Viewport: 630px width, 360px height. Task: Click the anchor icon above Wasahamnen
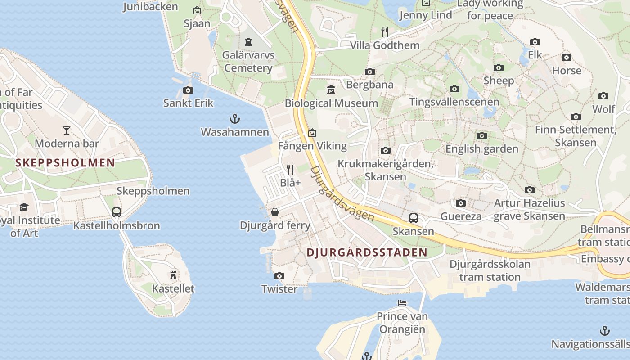coord(235,119)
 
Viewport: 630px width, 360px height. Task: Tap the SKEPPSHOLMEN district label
coord(65,163)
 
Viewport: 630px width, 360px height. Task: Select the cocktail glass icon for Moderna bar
coord(67,130)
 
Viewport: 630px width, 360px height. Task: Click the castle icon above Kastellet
coord(173,275)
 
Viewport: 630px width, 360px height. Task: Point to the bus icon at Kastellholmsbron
coord(117,212)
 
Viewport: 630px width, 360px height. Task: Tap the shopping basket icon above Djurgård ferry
coord(275,212)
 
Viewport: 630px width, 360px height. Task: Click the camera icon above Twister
coord(279,276)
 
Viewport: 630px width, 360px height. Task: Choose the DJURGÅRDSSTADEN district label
coord(367,252)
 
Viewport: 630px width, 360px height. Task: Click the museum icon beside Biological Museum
coord(331,90)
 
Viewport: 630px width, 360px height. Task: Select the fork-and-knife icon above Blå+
coord(290,170)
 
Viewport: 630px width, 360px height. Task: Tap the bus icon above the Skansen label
coord(414,218)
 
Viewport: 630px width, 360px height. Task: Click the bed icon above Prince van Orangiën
coord(402,303)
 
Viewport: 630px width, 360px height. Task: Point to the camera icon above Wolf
coord(603,96)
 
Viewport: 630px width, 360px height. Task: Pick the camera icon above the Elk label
coord(535,42)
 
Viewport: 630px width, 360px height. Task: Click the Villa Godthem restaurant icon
coord(385,31)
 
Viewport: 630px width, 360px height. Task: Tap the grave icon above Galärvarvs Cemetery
coord(248,42)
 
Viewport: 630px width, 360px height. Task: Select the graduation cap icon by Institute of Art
coord(24,207)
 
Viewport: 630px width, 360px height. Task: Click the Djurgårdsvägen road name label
coord(342,194)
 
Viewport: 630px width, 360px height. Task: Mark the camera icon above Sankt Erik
coord(188,90)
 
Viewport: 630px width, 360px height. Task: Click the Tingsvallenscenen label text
coord(454,102)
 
